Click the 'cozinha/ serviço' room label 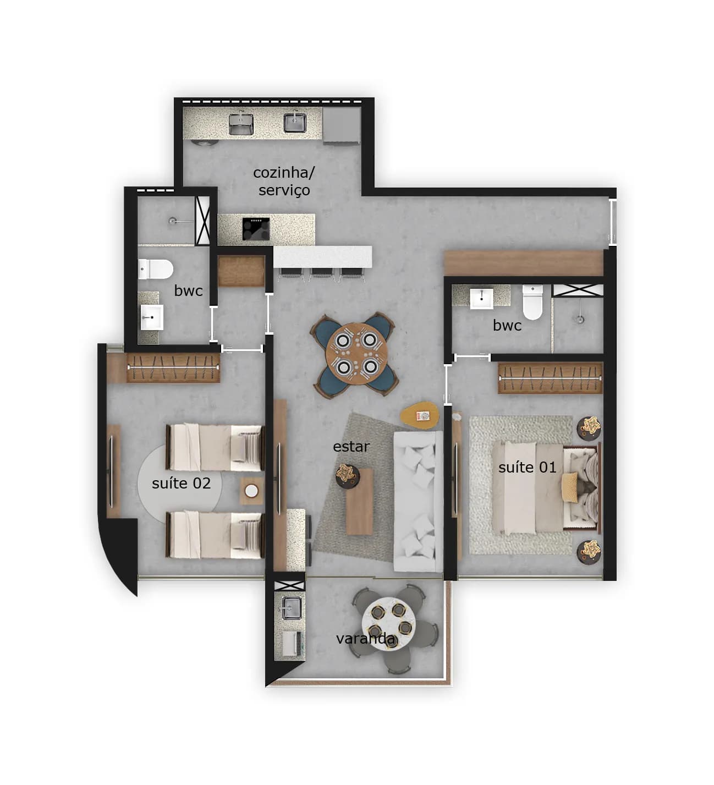284,181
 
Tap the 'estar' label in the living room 351,446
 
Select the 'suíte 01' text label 527,467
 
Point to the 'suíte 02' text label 181,483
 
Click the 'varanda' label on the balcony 365,639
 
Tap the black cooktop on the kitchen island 256,228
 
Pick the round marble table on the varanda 388,618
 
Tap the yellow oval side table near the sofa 420,416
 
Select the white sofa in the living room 418,501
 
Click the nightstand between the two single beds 251,491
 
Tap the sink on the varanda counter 290,608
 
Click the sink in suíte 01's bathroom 481,298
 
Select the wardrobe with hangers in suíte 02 173,367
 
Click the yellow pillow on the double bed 569,487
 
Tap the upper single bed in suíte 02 215,447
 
